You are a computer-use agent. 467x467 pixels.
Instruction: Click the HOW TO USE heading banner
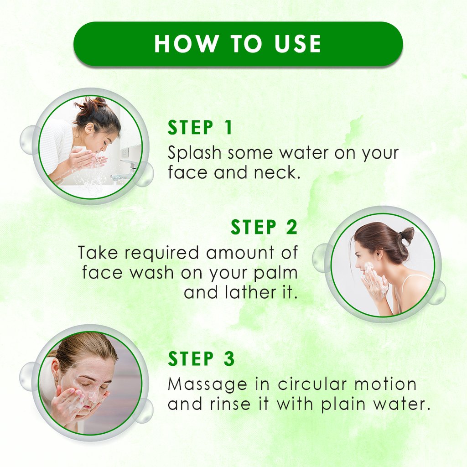238,44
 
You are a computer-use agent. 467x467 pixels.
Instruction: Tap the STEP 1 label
200,128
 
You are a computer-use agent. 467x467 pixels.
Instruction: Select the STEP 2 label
264,227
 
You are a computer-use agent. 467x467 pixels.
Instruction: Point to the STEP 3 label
201,358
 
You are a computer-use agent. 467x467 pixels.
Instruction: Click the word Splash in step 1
194,153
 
